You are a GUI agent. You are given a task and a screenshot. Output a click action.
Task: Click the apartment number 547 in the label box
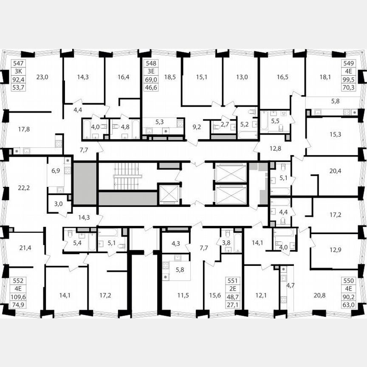tap(18, 62)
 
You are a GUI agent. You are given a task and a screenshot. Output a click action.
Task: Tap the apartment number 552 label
tap(18, 280)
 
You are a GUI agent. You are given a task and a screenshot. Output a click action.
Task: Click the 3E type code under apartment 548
tap(151, 71)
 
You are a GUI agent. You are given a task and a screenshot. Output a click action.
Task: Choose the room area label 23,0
tap(42, 77)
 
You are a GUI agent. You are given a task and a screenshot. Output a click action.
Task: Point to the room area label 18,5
tap(169, 77)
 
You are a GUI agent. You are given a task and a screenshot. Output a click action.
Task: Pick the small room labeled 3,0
tap(59, 204)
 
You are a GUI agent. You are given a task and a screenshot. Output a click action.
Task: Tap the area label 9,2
tap(197, 126)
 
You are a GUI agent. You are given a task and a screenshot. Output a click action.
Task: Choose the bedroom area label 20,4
tap(335, 172)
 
